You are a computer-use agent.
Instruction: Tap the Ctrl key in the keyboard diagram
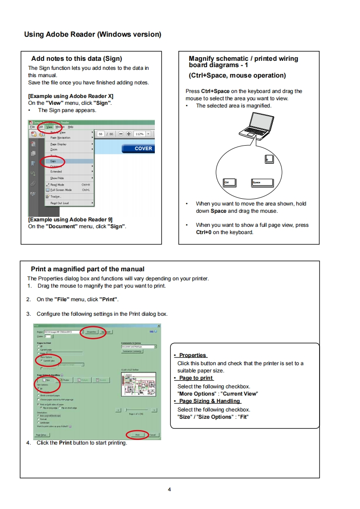[231, 182]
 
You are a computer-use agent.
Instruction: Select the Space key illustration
[262, 182]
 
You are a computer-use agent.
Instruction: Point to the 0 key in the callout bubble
[269, 159]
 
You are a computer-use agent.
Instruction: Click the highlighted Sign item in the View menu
[54, 161]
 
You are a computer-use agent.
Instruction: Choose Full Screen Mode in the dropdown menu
[61, 190]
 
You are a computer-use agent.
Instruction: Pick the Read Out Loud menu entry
[59, 203]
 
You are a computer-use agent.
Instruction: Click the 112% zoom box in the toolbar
[139, 134]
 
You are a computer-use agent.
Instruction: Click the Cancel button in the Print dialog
[153, 435]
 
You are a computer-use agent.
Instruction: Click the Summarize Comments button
[132, 351]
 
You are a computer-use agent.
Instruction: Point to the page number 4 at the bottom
[169, 489]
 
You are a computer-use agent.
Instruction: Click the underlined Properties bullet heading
[192, 355]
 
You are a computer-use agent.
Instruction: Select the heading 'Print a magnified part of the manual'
[88, 269]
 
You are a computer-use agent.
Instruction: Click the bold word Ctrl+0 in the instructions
[204, 232]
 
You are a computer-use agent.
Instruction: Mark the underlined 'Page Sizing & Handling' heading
[209, 401]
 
